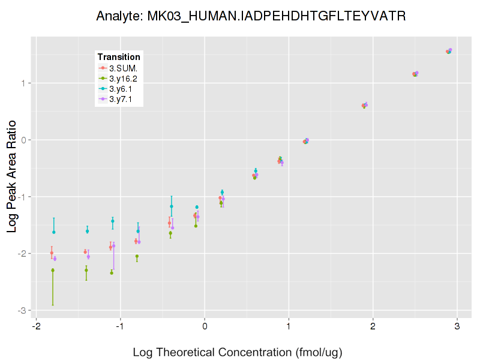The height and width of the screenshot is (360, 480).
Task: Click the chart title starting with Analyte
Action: coord(251,16)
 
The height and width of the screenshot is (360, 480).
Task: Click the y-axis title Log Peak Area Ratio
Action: coord(13,175)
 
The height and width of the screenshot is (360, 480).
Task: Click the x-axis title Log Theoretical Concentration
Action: coord(237,352)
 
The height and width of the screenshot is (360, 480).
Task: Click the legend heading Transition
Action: coord(119,57)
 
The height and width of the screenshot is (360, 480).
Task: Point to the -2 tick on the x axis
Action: coord(37,326)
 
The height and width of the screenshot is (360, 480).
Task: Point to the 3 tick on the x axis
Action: coord(458,326)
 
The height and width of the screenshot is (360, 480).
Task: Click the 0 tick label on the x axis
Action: coord(205,326)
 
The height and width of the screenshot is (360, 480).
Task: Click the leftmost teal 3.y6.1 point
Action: coord(53,232)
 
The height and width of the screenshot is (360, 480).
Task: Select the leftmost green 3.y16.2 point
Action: coord(53,270)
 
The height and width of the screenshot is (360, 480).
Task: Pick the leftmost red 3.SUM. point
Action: coord(52,253)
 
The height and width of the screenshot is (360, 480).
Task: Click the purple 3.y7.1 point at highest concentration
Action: coord(450,50)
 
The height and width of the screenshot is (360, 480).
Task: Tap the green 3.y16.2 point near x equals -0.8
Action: coord(137,256)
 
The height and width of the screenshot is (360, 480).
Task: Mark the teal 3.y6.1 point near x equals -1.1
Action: coord(112,221)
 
